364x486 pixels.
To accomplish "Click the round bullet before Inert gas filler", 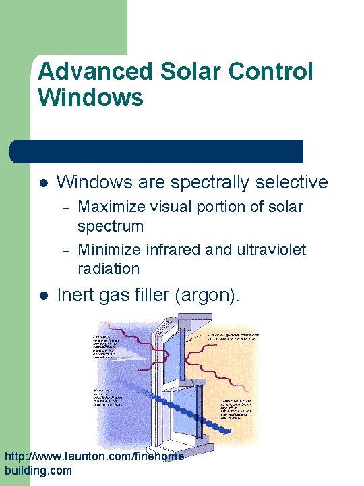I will coord(42,296).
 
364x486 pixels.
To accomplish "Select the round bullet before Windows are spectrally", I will coord(42,183).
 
